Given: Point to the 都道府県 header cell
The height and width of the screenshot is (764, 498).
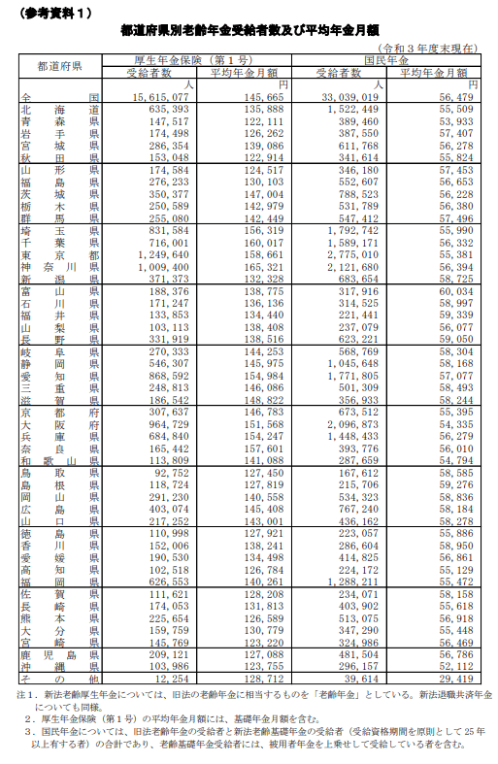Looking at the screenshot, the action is click(x=59, y=66).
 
